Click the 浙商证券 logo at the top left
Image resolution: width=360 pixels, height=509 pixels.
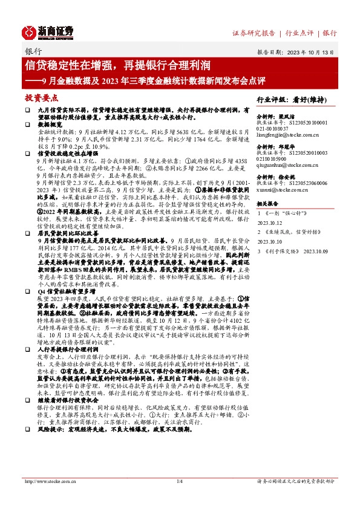tap(48, 31)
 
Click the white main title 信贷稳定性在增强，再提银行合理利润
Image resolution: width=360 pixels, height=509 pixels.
tap(117, 65)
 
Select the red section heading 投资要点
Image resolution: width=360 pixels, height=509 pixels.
tap(42, 97)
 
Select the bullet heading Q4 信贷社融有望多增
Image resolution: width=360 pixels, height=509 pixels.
tap(66, 291)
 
